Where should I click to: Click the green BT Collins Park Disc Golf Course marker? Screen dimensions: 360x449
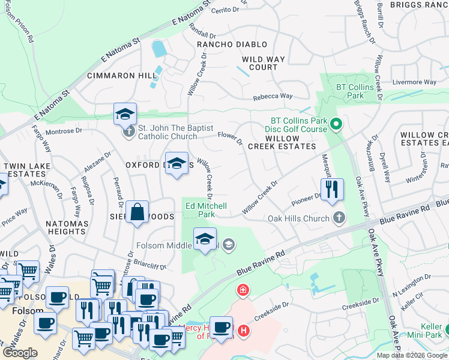point(336,125)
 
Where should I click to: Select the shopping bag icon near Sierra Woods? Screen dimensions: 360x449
point(137,212)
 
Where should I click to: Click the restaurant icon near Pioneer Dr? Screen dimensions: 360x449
point(332,189)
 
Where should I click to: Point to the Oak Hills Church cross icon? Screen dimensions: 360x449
point(339,218)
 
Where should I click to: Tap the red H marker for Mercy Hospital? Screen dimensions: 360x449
point(243,330)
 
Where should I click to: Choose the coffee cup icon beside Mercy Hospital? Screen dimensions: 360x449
point(221,327)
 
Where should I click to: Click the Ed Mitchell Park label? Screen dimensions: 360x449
point(205,209)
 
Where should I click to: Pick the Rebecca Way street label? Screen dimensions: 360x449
point(273,96)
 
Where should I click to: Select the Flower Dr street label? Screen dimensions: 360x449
point(230,139)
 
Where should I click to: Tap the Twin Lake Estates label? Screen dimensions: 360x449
point(25,169)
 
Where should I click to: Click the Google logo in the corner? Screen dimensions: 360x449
point(20,352)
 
